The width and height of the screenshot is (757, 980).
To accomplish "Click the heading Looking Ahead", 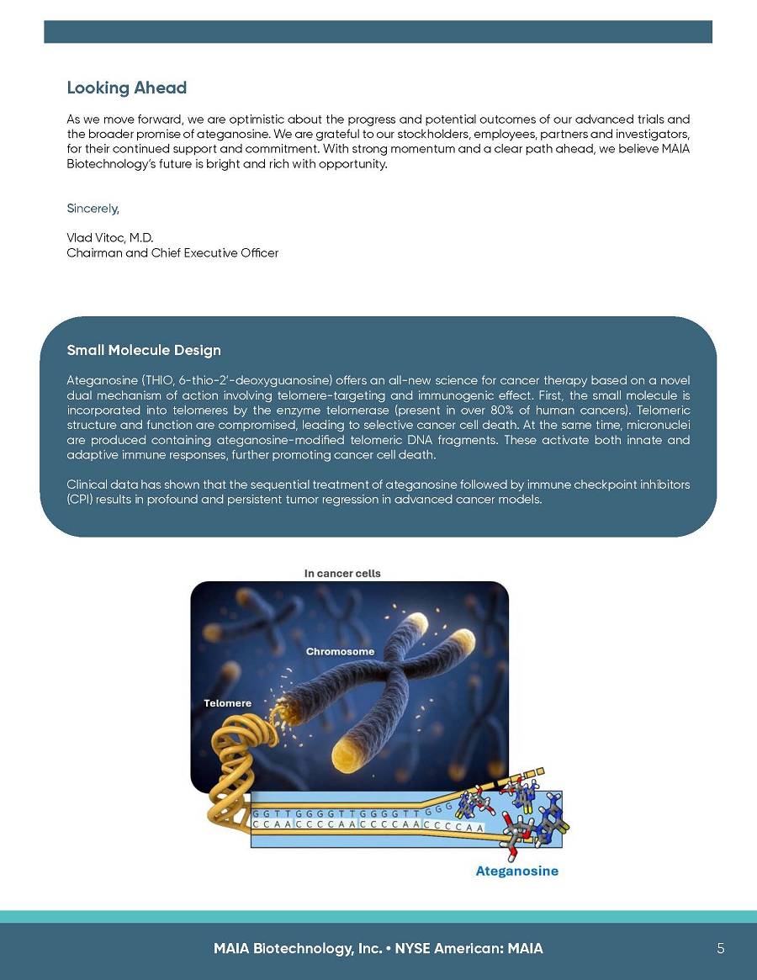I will pos(126,88).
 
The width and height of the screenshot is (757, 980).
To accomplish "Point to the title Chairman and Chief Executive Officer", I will pos(172,252).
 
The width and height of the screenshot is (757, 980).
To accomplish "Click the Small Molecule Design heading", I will pos(143,350).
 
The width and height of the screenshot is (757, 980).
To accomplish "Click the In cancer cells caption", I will pos(342,574).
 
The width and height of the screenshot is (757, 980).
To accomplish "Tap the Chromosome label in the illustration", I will pos(340,651).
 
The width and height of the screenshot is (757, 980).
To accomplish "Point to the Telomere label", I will pos(227,702).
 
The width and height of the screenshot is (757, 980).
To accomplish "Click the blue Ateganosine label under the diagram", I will pos(516,871).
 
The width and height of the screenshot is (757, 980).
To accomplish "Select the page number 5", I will pos(721,948).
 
